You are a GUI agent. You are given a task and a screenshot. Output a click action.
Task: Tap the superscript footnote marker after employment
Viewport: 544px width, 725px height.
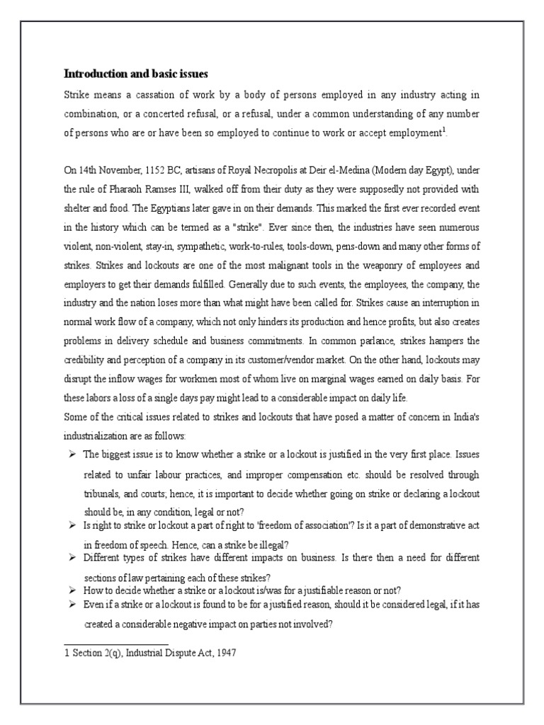pos(443,129)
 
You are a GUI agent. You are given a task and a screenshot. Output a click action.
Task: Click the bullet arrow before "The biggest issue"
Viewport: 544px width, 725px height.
pos(72,453)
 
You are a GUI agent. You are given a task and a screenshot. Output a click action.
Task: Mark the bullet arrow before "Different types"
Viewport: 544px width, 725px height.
pos(72,559)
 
